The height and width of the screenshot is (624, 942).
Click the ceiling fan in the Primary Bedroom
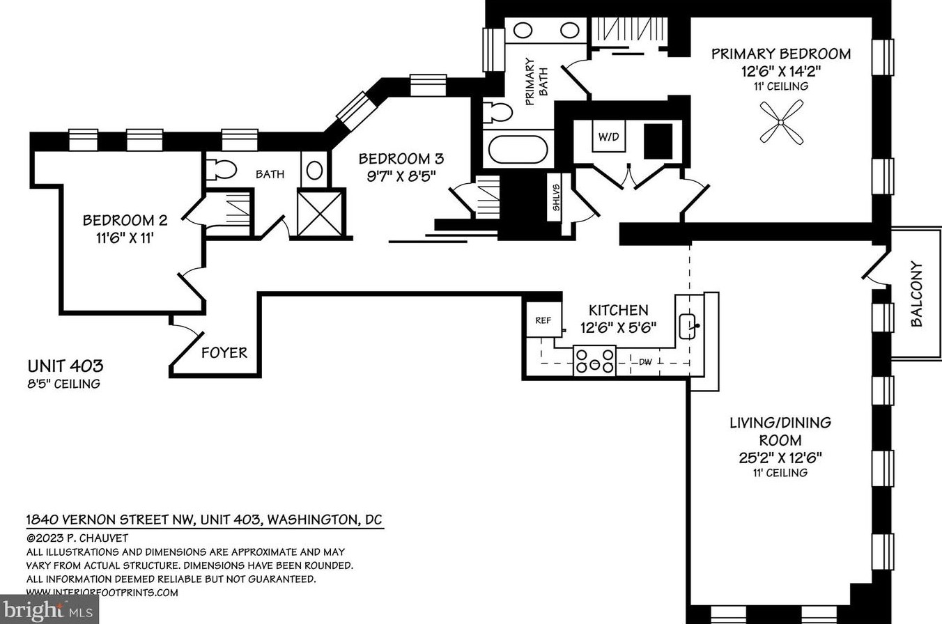(x=781, y=122)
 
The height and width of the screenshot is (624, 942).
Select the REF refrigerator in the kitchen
(x=543, y=321)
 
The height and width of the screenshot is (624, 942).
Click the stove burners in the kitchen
(x=594, y=360)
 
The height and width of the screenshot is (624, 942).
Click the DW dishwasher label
(x=644, y=361)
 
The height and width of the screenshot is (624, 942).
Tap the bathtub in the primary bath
(x=516, y=149)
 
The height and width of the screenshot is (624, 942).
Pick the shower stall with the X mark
(x=321, y=212)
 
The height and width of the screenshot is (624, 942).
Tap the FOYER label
(x=224, y=353)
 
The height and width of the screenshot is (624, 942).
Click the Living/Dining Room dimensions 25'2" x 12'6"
(x=780, y=458)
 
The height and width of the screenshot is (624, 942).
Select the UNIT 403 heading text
(x=65, y=366)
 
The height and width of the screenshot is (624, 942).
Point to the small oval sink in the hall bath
(x=314, y=170)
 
